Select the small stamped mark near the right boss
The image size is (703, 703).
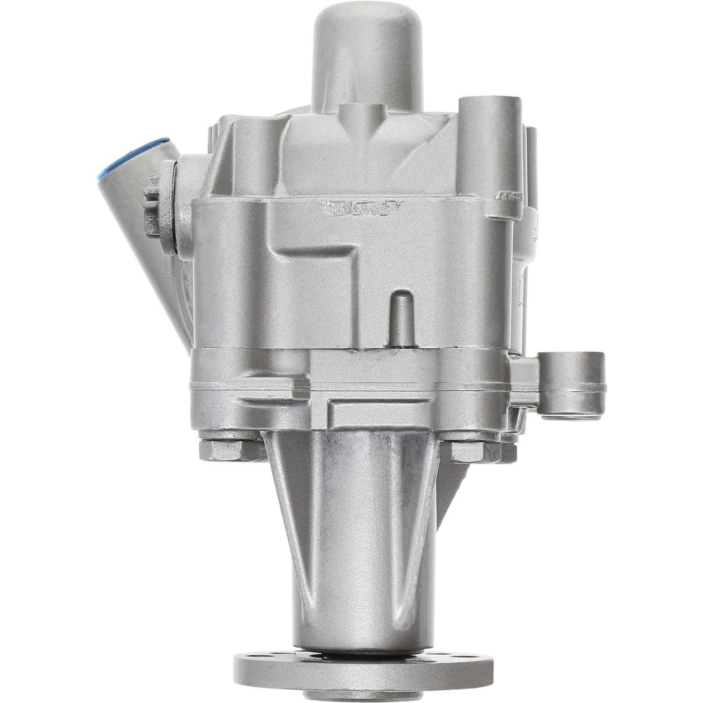509,196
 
